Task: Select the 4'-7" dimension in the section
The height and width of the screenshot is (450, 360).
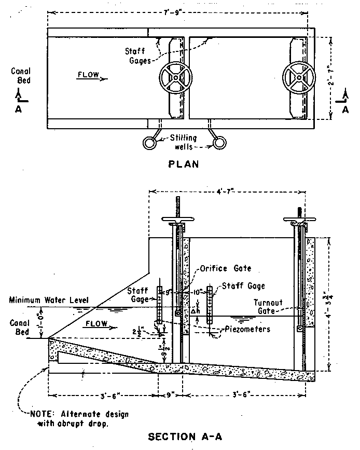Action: (x=227, y=191)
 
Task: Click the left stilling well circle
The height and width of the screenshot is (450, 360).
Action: (x=152, y=142)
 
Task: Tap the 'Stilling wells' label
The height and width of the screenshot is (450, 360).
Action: (x=185, y=142)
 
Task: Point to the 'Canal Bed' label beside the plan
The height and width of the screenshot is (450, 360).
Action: (x=21, y=76)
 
